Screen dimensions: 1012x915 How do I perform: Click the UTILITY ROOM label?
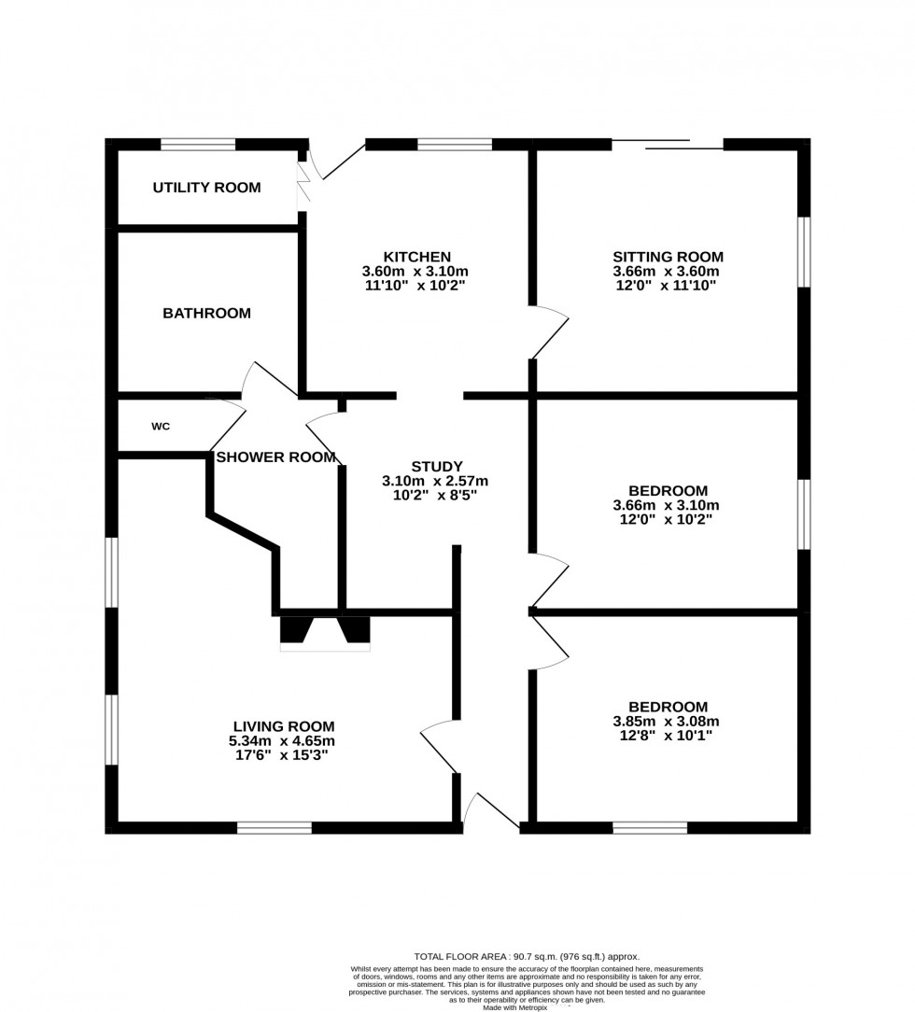click(206, 188)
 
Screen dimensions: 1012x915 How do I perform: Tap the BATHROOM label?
click(206, 314)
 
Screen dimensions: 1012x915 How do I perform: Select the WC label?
click(161, 427)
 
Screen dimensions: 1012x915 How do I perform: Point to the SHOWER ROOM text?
click(275, 457)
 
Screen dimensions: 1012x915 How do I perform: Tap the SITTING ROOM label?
click(668, 257)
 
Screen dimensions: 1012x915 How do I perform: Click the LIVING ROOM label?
click(283, 726)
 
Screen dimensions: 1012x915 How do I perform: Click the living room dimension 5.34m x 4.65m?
click(283, 741)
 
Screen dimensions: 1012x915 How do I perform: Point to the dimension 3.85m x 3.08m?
click(668, 722)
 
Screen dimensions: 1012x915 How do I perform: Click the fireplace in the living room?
click(325, 632)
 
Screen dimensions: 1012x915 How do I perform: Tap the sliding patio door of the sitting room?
click(668, 145)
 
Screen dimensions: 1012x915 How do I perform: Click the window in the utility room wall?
click(198, 145)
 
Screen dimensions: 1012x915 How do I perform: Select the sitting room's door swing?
click(551, 332)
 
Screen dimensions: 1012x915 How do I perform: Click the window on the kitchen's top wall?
click(455, 145)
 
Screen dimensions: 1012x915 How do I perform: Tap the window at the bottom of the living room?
click(274, 827)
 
